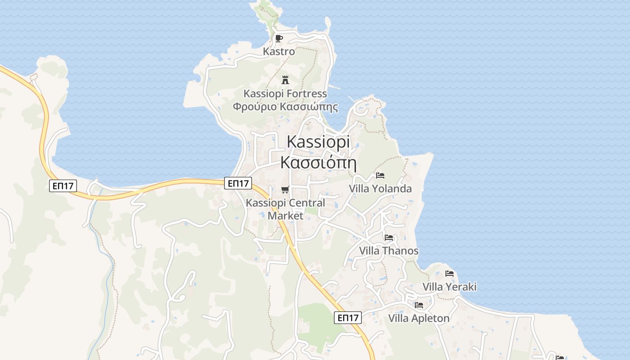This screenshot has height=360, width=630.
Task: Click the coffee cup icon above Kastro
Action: (279, 38)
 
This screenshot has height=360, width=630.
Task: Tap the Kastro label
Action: (279, 51)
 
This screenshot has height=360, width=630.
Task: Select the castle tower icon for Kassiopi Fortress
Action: (285, 80)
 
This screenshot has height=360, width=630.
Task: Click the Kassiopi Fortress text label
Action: (285, 94)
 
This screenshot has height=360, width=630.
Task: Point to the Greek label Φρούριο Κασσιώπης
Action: (285, 107)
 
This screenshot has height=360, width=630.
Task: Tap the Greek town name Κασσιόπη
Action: (318, 162)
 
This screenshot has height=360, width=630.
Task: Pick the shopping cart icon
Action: (284, 190)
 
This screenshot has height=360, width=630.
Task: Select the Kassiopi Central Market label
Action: (285, 209)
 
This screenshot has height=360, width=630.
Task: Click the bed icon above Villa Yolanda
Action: (380, 175)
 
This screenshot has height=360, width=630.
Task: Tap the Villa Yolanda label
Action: (380, 189)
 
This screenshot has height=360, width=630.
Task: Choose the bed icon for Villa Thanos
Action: (389, 237)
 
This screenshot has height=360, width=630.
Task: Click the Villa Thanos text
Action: (389, 251)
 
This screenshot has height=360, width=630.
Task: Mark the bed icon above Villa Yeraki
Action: (449, 273)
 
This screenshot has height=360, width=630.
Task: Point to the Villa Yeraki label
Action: (449, 287)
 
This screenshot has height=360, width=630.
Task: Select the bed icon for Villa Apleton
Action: (419, 305)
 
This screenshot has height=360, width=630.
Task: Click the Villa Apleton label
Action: (419, 318)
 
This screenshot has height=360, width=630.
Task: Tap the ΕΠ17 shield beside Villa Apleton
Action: (348, 318)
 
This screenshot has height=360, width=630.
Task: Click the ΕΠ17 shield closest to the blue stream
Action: (63, 185)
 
